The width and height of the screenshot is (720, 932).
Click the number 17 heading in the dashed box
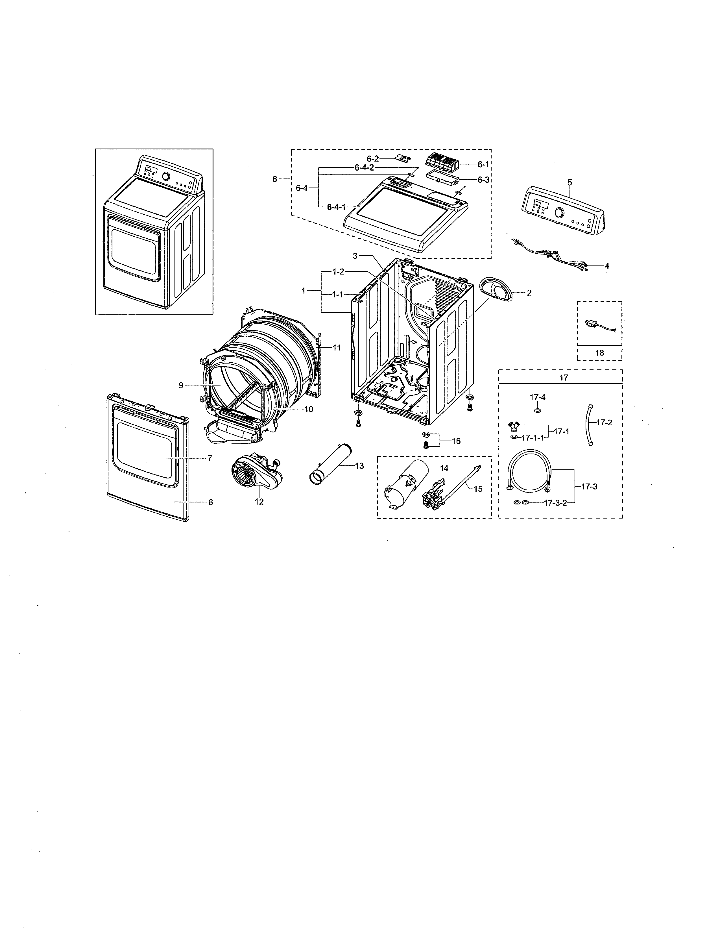pos(564,377)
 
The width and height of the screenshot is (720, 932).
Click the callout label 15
pos(478,489)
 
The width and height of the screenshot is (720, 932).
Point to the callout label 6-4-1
pos(336,207)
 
